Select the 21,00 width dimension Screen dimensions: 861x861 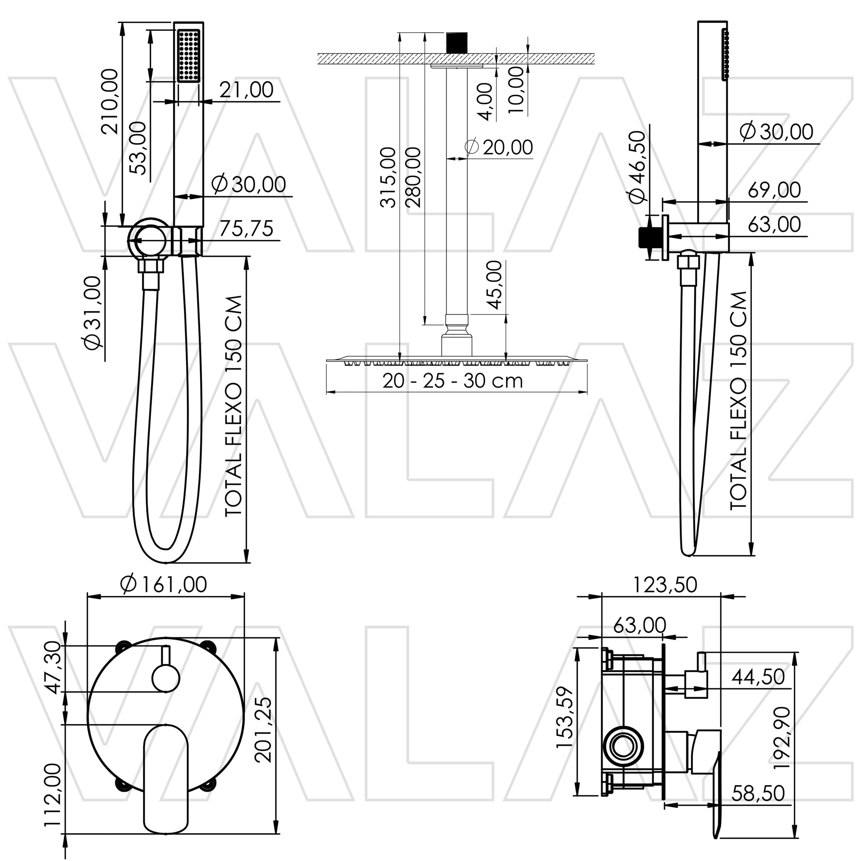click(x=246, y=90)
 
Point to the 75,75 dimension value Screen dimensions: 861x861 click(x=246, y=229)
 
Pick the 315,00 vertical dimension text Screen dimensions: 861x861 click(x=388, y=177)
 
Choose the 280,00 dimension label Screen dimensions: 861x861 click(x=414, y=177)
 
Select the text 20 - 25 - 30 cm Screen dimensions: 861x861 click(x=452, y=381)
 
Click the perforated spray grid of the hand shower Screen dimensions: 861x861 click(x=188, y=56)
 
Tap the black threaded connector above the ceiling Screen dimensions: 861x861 click(x=456, y=42)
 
